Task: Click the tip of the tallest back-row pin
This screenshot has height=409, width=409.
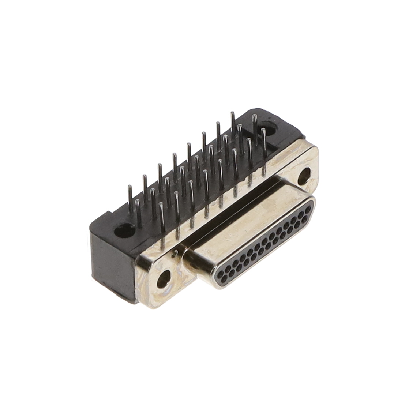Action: (232, 114)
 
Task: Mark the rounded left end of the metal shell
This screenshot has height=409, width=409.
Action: (190, 262)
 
